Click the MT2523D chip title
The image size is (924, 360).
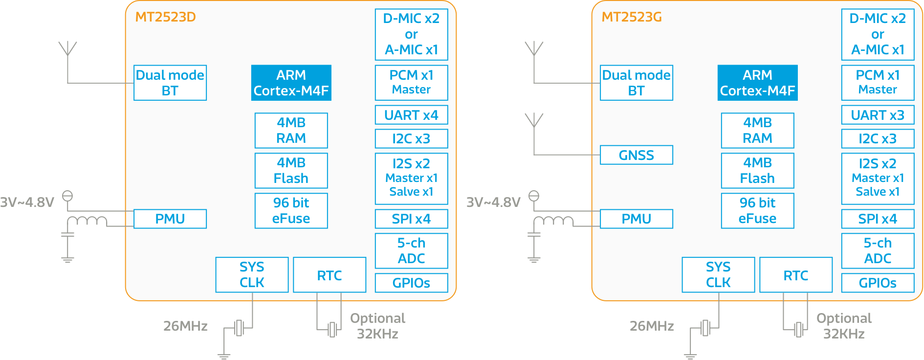(165, 17)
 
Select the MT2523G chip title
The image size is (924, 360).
(631, 17)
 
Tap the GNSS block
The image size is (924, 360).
(636, 155)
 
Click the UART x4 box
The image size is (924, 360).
(411, 115)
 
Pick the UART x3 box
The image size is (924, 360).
(878, 115)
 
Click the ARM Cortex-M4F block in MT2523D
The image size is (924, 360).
(291, 83)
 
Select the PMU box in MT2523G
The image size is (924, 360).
(636, 219)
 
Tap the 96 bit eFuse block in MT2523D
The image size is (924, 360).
(291, 210)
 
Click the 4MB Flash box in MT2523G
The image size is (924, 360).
(757, 170)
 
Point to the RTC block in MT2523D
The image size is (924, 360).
(330, 275)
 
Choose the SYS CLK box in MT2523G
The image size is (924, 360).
(718, 274)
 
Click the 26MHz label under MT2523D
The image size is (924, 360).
(185, 326)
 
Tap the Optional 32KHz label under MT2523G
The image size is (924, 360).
(844, 326)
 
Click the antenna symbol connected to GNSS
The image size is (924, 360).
(534, 120)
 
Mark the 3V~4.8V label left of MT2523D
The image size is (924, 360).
(27, 202)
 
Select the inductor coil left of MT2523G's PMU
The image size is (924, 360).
(553, 221)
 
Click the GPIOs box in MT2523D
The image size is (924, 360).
(411, 283)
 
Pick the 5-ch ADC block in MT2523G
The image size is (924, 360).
(878, 250)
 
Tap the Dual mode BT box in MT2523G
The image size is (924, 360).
(636, 83)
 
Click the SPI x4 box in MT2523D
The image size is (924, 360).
(411, 219)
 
